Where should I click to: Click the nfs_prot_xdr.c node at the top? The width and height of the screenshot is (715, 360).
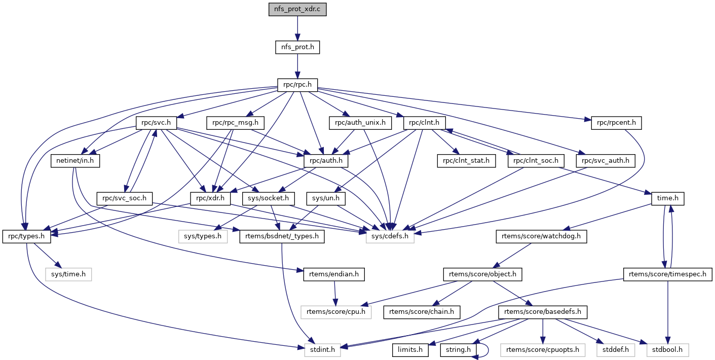point(297,10)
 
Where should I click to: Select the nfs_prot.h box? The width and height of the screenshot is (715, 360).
point(297,47)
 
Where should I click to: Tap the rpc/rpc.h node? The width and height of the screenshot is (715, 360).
point(297,85)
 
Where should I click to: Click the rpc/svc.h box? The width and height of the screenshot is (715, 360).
point(156,122)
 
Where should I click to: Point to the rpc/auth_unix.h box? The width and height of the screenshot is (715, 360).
point(360,122)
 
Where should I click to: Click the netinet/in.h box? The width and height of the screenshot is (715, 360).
point(76,161)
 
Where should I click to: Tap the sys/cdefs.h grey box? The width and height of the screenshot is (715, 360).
point(390,236)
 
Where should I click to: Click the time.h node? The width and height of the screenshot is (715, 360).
point(668,198)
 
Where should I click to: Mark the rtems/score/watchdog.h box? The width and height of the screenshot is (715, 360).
point(541,236)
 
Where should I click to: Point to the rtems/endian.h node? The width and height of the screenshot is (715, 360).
point(334,274)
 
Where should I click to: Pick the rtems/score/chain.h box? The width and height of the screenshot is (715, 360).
point(422,311)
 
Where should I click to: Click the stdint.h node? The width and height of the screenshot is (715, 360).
point(323,349)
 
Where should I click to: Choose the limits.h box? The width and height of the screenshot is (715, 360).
point(411,349)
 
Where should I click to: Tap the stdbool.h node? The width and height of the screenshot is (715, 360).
point(668,349)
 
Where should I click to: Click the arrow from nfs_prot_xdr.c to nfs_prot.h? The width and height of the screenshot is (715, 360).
point(297,28)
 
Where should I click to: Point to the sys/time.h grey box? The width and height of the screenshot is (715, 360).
point(68,274)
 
